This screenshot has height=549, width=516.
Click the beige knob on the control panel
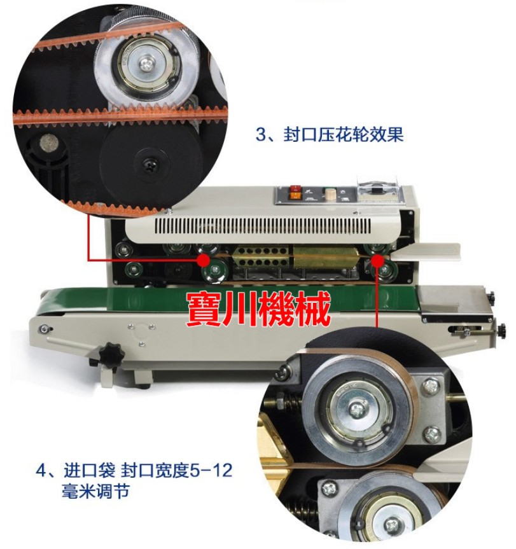tap(330, 194)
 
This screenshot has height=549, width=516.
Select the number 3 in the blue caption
tap(261, 134)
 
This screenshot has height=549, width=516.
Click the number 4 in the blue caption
tap(41, 470)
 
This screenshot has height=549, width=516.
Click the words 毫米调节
tap(95, 491)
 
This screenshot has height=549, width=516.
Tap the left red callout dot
tap(204, 260)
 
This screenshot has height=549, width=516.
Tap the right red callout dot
tap(377, 260)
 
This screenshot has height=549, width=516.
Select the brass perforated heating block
tap(261, 256)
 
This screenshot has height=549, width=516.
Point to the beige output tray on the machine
tap(425, 252)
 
